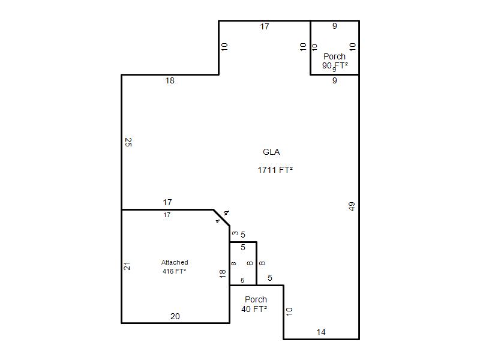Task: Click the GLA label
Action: [x=271, y=152]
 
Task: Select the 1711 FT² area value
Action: [x=275, y=170]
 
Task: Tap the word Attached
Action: [x=175, y=262]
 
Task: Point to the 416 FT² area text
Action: [x=174, y=271]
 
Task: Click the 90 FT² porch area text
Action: [x=335, y=65]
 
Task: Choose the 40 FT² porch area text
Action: [x=254, y=309]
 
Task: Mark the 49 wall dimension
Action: [x=352, y=206]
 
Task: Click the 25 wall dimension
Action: [x=128, y=142]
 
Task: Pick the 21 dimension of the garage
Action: [x=127, y=266]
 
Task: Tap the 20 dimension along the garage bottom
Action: [x=175, y=316]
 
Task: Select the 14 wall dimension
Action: [x=321, y=332]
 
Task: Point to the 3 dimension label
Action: [x=235, y=233]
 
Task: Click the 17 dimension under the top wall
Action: [x=265, y=26]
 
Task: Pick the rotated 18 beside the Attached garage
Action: [x=223, y=274]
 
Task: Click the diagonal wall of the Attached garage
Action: [x=221, y=218]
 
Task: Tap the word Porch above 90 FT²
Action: [x=334, y=56]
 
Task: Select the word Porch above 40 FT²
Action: [x=256, y=299]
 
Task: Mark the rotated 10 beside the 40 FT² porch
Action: [x=289, y=311]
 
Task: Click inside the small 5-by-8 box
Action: [x=243, y=263]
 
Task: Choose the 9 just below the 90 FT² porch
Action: [x=335, y=80]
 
